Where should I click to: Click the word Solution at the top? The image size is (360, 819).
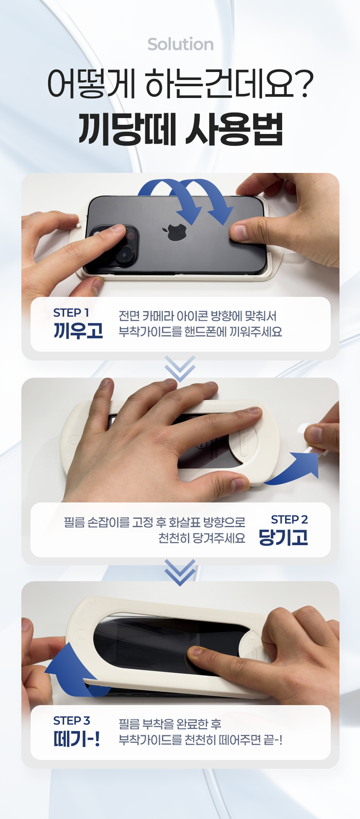point(180,44)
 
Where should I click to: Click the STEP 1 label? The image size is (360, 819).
point(71,313)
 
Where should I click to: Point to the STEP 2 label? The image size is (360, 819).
point(289,520)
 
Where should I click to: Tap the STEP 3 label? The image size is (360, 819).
point(72,721)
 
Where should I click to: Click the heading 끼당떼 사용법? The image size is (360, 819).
point(180,129)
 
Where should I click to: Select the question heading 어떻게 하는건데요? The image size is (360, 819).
point(180,84)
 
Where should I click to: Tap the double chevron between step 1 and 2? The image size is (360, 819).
point(180,368)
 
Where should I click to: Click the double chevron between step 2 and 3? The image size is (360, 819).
point(180,572)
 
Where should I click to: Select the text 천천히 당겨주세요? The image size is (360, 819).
point(202,538)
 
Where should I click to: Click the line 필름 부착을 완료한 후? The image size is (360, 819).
point(170,724)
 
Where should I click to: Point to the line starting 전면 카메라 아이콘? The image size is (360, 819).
point(198,316)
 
